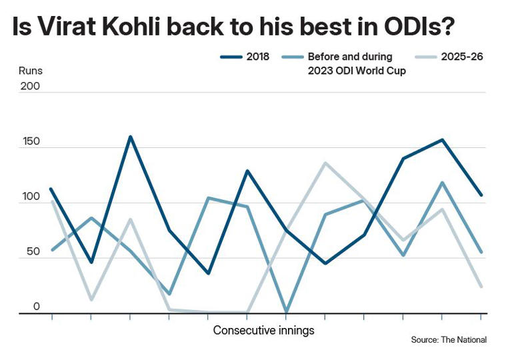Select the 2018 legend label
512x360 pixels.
click(258, 57)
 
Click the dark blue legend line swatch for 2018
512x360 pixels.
click(231, 57)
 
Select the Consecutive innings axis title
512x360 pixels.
click(263, 330)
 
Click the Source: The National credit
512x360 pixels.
click(449, 340)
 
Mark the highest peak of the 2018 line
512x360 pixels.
click(130, 137)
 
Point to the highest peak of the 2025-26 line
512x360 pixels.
click(325, 163)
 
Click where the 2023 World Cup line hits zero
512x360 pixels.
click(286, 311)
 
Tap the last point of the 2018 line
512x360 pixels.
click(481, 195)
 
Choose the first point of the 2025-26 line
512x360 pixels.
click(52, 201)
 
